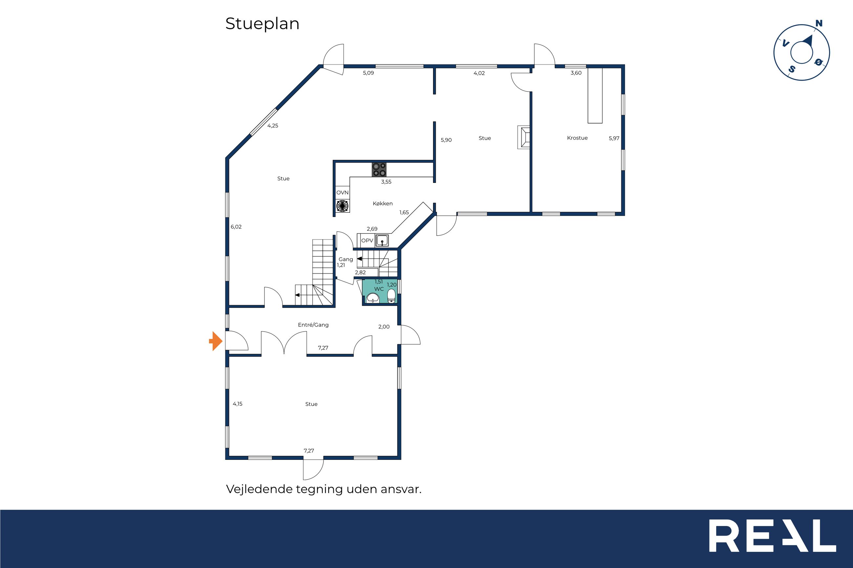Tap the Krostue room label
tap(577, 138)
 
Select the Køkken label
tap(383, 204)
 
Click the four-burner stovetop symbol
tap(379, 169)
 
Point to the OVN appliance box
tap(342, 193)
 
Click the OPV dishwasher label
tap(367, 241)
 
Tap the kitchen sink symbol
tap(382, 240)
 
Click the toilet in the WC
tap(391, 296)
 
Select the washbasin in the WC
tap(373, 298)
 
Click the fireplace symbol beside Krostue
tap(524, 137)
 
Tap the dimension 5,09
tap(368, 73)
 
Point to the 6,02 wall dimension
tap(236, 227)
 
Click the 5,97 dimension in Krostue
tap(614, 138)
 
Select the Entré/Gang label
tap(313, 325)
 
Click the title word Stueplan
tap(262, 24)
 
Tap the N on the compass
tap(819, 24)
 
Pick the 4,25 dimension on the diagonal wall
tap(273, 126)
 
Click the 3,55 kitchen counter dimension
tap(386, 182)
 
